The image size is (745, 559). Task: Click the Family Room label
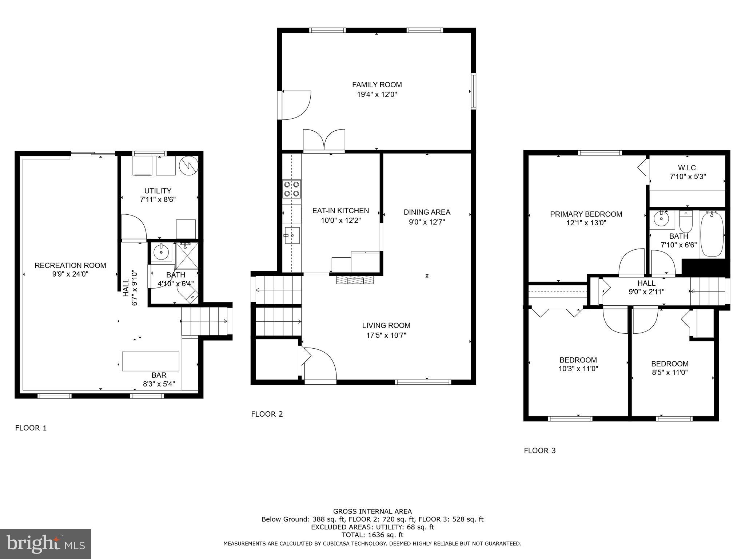click(377, 85)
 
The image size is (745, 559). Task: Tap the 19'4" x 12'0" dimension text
click(377, 95)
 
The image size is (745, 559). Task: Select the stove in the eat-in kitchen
click(292, 189)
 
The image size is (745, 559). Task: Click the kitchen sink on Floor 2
click(292, 235)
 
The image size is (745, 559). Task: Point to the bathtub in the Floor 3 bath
click(712, 234)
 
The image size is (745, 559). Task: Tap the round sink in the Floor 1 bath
click(160, 251)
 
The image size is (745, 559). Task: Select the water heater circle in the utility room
click(188, 166)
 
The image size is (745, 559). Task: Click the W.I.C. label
click(688, 168)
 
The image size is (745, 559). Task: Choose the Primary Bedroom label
click(586, 214)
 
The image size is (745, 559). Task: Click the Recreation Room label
click(71, 265)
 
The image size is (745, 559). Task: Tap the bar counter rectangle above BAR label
click(151, 361)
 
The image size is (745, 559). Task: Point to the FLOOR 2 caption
click(267, 414)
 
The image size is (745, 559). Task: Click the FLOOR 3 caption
click(540, 451)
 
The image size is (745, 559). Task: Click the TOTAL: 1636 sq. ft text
click(372, 535)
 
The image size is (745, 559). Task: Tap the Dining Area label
click(427, 212)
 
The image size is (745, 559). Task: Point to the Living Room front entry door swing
click(320, 364)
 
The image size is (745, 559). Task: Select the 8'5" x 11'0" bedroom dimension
click(670, 372)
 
